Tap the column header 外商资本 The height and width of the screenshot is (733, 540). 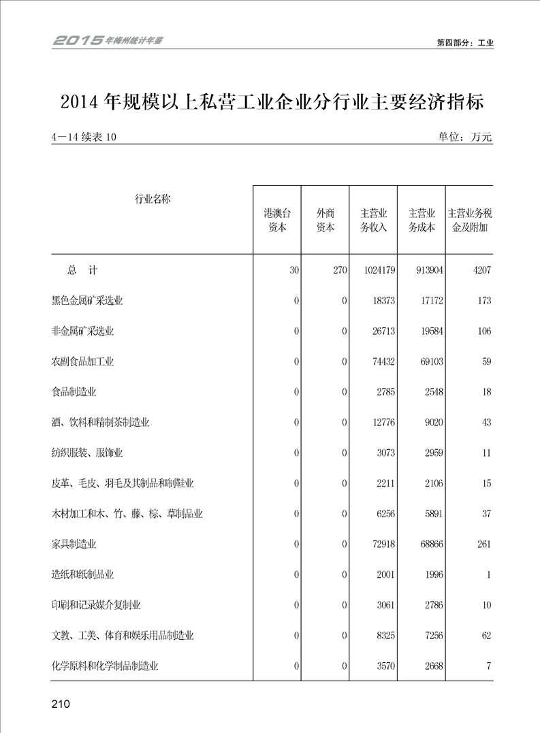tap(325, 220)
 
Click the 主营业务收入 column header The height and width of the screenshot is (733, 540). tap(374, 220)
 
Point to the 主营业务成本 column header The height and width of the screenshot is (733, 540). tap(422, 220)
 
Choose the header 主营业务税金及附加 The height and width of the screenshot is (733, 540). tap(470, 220)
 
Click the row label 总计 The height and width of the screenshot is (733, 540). tap(82, 270)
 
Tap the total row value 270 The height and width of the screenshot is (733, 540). tap(340, 270)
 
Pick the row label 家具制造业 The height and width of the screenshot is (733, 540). tap(74, 544)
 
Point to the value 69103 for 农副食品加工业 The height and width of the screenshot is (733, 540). tap(429, 361)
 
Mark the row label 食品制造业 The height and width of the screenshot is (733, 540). tap(74, 392)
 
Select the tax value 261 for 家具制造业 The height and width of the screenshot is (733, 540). tap(482, 544)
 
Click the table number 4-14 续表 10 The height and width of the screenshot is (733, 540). tap(84, 137)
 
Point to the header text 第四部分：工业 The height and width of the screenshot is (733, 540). tap(465, 42)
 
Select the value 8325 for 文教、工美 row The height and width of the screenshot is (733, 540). tap(384, 636)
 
